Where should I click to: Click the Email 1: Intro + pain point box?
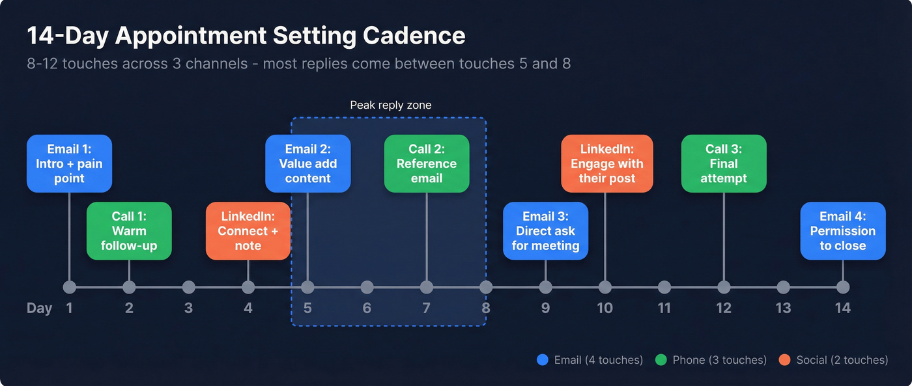point(69,163)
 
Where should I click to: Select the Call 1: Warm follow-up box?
point(129,231)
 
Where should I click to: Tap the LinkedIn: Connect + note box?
point(248,231)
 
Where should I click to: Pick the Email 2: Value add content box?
point(308,163)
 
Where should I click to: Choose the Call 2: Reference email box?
point(427,163)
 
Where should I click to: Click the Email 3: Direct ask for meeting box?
point(546,231)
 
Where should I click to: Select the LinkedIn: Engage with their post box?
point(607,163)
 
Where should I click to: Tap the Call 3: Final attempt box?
point(724,163)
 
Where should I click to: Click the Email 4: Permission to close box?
point(843,231)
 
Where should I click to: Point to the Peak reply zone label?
point(391,105)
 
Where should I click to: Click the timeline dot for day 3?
point(189,287)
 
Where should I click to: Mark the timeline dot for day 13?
point(784,287)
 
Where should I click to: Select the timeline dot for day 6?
point(367,287)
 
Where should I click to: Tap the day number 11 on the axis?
point(664,308)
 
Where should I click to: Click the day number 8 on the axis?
point(486,308)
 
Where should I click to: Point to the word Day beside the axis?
point(40,308)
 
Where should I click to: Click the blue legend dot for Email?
point(542,360)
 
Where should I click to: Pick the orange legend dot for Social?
point(784,360)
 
